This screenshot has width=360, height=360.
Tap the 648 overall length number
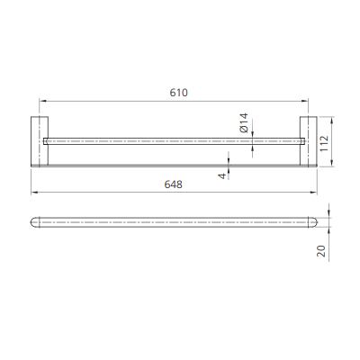coord(175,184)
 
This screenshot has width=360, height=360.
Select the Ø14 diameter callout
coord(244,122)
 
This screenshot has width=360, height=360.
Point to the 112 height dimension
coord(325,141)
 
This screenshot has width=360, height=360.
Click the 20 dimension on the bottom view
coord(321,251)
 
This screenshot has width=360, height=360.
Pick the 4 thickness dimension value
coord(221,175)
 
